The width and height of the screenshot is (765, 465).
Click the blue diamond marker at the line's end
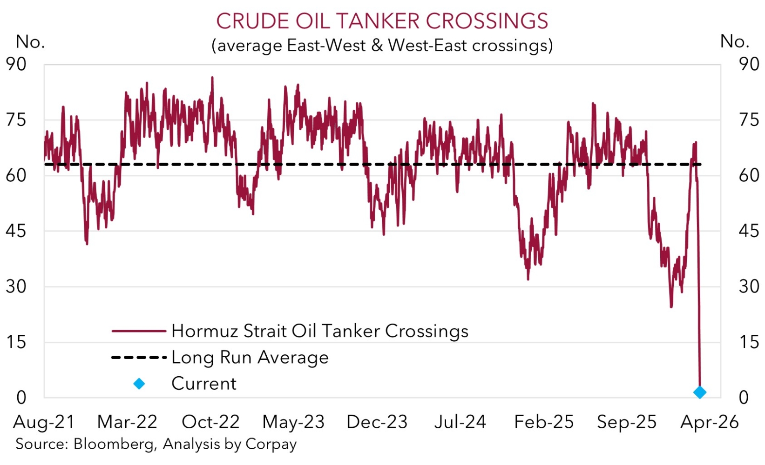coord(699,392)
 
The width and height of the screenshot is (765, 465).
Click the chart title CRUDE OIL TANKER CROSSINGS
coord(382,21)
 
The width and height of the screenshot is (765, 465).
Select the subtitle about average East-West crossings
coord(382,46)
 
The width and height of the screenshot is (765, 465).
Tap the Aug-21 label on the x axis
coord(44,422)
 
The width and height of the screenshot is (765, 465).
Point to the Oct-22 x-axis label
coord(210,422)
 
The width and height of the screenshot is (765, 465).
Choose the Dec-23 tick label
coord(377,422)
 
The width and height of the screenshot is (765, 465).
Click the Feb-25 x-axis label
coord(544,422)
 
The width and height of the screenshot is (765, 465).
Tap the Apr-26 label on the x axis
coord(710,422)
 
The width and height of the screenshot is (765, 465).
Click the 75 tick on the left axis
coord(16,120)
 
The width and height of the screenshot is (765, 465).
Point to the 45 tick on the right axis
coord(749,231)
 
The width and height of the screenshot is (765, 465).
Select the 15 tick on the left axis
coord(16,342)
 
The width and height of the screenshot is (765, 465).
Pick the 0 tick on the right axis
coord(744,398)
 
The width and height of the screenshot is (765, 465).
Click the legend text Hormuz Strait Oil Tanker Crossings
coord(320,331)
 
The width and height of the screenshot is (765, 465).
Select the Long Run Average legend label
coord(250,357)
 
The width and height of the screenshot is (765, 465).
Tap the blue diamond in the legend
coord(139,384)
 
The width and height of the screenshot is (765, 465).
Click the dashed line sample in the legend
coord(139,357)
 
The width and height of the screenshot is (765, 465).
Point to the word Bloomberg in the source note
coord(115,444)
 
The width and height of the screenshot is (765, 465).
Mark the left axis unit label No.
coord(30,42)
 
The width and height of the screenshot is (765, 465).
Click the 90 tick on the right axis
coord(749,64)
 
